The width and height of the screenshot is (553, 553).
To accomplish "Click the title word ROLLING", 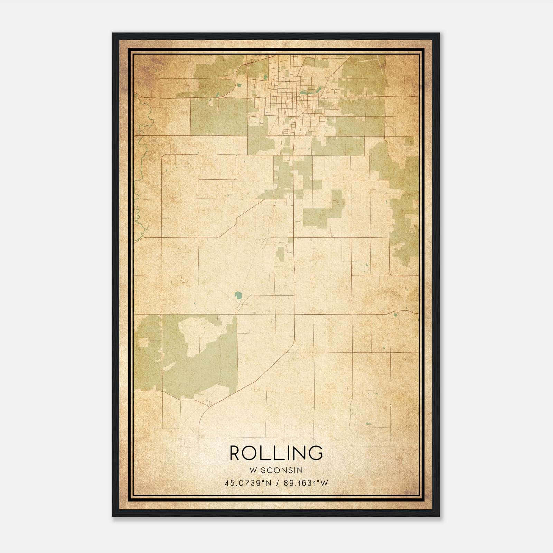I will click(x=276, y=452).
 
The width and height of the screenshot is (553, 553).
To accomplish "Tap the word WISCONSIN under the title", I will click(x=276, y=470).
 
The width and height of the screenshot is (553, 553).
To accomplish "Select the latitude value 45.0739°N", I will click(x=248, y=483).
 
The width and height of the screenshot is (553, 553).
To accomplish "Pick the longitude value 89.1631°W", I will click(x=306, y=483).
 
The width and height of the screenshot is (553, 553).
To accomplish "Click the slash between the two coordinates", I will click(x=278, y=483).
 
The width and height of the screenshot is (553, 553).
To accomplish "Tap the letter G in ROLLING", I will click(x=316, y=452).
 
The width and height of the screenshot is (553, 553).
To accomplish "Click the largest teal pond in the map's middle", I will click(x=238, y=295).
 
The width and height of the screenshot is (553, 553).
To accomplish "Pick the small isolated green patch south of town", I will click(x=280, y=254).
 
